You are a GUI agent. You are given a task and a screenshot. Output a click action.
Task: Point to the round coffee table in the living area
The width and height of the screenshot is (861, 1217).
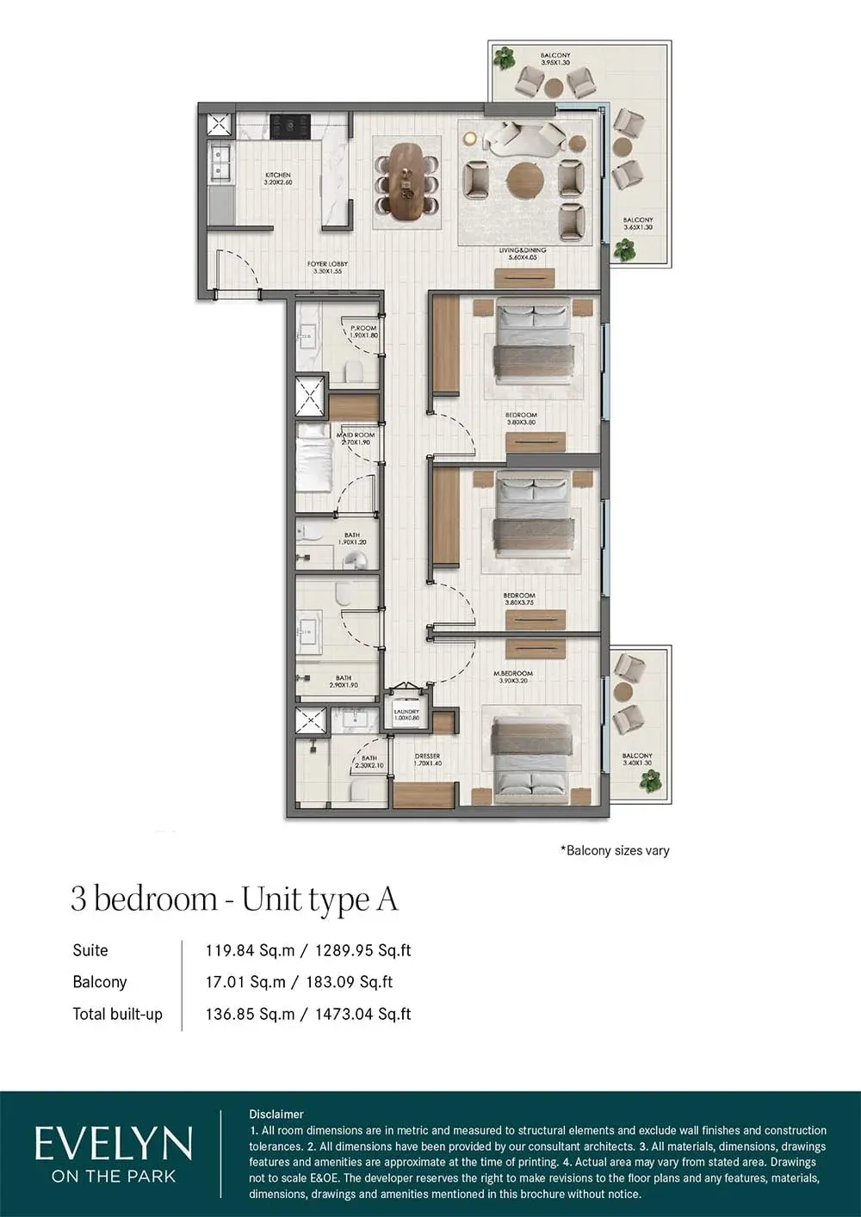tap(524, 181)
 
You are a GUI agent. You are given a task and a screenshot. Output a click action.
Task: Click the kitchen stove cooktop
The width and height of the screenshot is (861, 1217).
tap(290, 127)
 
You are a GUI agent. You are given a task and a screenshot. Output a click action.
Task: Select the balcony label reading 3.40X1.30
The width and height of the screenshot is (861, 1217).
tap(637, 759)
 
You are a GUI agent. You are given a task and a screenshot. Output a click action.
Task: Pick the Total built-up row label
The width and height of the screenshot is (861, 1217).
tap(117, 1014)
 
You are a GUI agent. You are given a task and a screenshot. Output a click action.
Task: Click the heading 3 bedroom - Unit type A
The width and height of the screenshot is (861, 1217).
tap(234, 899)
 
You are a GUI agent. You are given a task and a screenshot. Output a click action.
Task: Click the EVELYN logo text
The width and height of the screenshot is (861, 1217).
tap(113, 1146)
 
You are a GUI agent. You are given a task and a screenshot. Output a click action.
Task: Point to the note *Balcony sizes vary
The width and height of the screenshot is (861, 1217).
tap(615, 850)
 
